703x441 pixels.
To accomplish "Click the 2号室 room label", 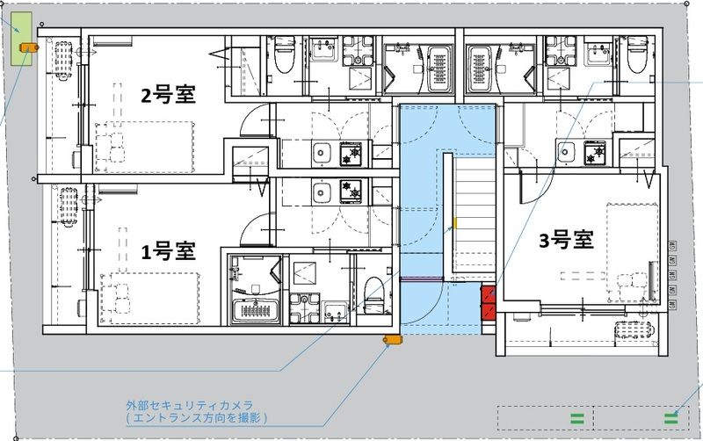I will tap(175, 95).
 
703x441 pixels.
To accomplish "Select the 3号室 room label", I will tap(566, 238).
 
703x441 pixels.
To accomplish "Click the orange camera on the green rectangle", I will tap(24, 48).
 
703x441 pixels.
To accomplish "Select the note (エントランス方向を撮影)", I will tap(196, 419).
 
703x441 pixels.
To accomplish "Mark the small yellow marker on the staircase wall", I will tap(455, 223).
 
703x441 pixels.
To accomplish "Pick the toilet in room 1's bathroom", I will tap(373, 294).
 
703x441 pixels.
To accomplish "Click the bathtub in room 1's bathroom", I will tap(255, 309).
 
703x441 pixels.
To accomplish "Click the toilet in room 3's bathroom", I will tap(637, 54).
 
